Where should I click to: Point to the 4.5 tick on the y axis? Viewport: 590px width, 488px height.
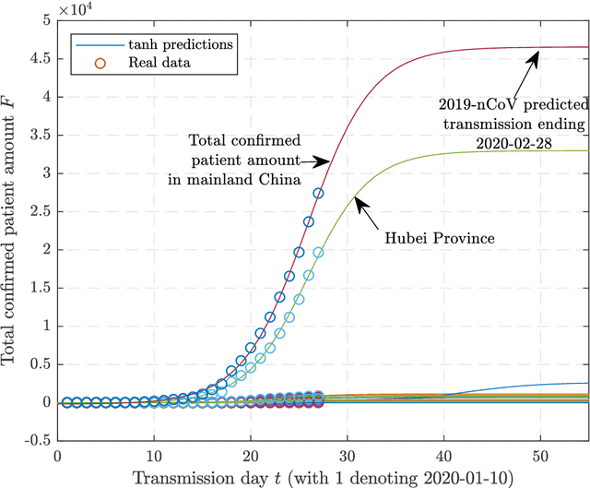point(41,58)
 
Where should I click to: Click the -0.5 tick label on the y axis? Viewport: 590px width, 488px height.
point(38,440)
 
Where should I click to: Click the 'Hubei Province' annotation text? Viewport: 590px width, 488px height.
point(441,237)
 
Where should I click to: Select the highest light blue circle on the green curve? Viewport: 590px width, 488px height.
point(318,252)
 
